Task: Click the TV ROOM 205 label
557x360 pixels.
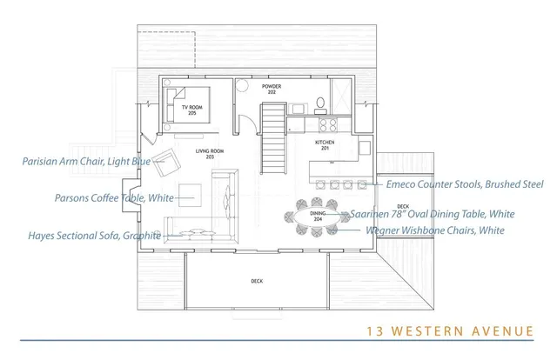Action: pyautogui.click(x=191, y=110)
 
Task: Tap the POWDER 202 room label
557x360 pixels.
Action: pyautogui.click(x=272, y=88)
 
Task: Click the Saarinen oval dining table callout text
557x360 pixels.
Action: pyautogui.click(x=433, y=214)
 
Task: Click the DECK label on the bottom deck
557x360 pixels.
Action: pyautogui.click(x=257, y=281)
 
